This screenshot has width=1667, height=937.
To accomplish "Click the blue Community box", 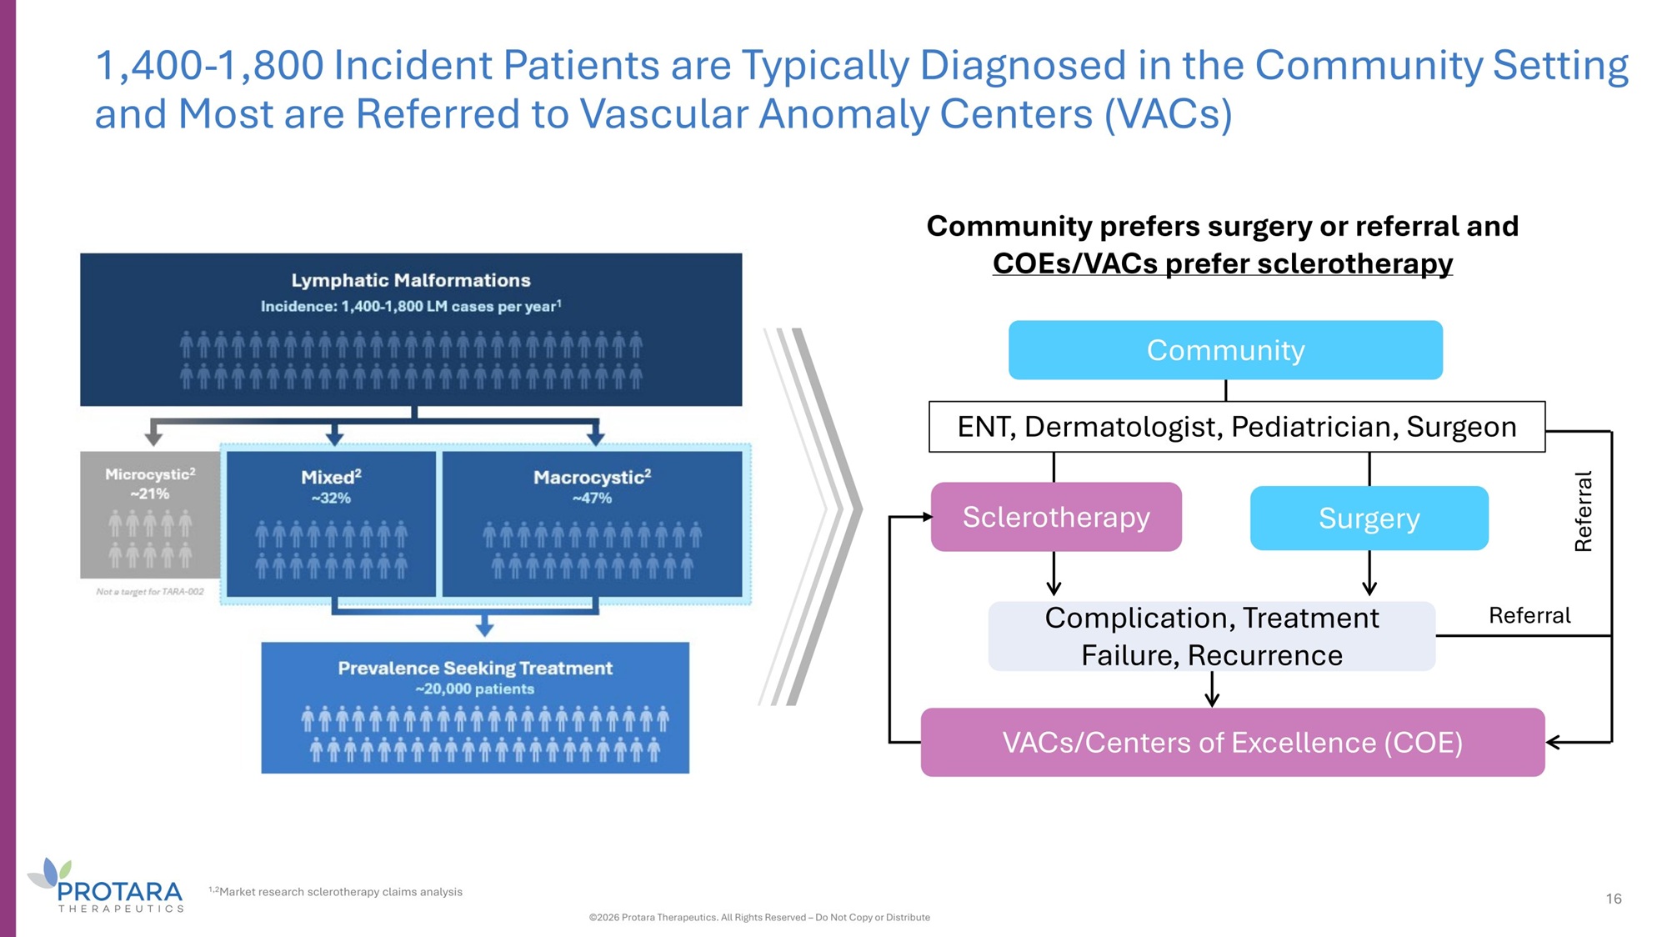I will (1225, 350).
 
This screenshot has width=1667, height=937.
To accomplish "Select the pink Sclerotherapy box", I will (1056, 517).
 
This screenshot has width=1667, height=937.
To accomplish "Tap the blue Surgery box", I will (1369, 519).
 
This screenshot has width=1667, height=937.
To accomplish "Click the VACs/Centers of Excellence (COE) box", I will (1232, 742).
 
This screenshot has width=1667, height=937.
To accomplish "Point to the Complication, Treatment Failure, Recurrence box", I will (1211, 636).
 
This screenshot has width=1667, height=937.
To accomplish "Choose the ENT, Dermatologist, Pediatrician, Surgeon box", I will (1236, 427).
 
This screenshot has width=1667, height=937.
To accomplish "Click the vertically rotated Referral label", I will (1583, 511).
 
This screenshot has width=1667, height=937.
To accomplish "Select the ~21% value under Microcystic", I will (150, 494).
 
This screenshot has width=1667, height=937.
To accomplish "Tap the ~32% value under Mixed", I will (331, 499).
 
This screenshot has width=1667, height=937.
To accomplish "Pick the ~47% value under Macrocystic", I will (592, 499).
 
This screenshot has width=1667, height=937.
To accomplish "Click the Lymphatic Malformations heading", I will (411, 280).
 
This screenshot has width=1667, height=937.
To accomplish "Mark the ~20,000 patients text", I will (474, 689).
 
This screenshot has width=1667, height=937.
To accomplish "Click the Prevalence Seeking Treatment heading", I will (475, 668).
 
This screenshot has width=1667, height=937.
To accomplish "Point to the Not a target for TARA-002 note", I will (150, 592).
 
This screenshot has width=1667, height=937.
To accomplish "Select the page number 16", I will (1614, 899).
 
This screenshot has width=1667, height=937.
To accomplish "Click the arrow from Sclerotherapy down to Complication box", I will (1054, 574).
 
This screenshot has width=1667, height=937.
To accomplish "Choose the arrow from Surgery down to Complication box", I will (1369, 574).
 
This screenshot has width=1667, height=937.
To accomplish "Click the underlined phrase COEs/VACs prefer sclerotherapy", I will (1222, 263).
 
